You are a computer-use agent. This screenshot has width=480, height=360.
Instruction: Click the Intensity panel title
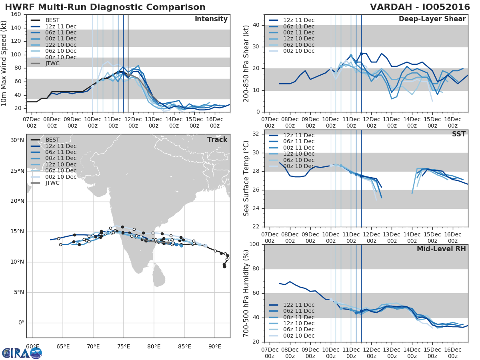[211, 19]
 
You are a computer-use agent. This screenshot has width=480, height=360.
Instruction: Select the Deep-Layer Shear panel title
[432, 19]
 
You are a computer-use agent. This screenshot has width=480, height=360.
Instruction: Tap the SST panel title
[458, 134]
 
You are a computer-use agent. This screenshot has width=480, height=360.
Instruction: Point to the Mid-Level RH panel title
[441, 249]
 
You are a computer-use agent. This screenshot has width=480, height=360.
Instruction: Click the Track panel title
[217, 140]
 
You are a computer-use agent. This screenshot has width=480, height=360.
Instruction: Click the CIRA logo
[22, 353]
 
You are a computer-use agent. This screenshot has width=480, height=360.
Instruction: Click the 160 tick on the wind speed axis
[16, 14]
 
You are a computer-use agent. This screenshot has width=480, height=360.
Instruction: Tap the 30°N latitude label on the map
[18, 140]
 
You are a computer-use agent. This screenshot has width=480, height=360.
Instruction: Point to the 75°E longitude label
[123, 346]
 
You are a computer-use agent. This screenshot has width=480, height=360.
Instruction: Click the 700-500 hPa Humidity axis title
[246, 293]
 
